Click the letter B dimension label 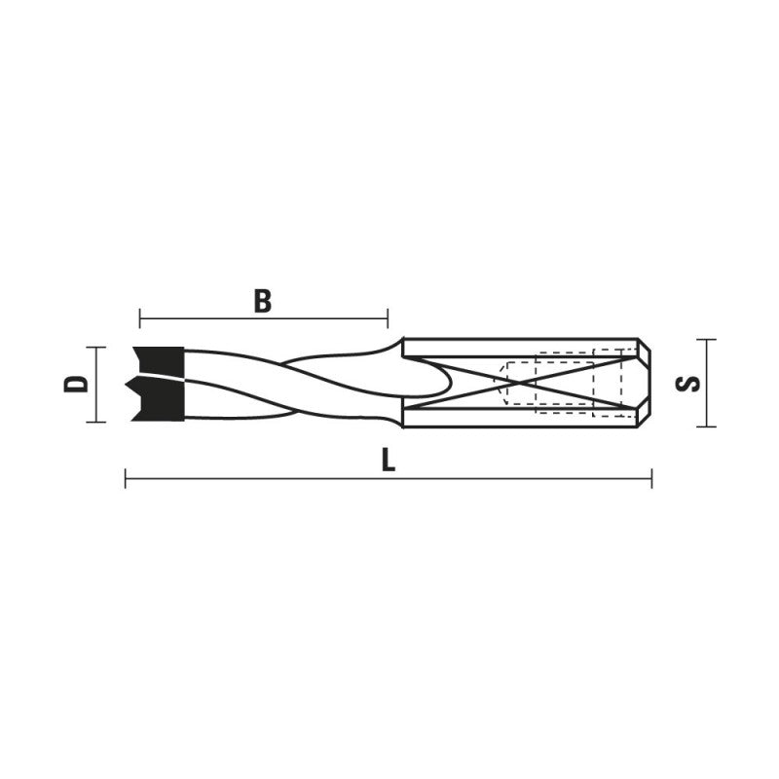pyautogui.click(x=263, y=301)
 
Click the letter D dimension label pyautogui.click(x=76, y=384)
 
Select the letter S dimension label pyautogui.click(x=688, y=384)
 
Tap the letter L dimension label pyautogui.click(x=388, y=462)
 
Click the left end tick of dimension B pyautogui.click(x=139, y=318)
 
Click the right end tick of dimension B pyautogui.click(x=388, y=318)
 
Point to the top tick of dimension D pyautogui.click(x=95, y=348)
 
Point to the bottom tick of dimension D pyautogui.click(x=95, y=422)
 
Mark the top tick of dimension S pyautogui.click(x=706, y=340)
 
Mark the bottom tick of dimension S pyautogui.click(x=706, y=427)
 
